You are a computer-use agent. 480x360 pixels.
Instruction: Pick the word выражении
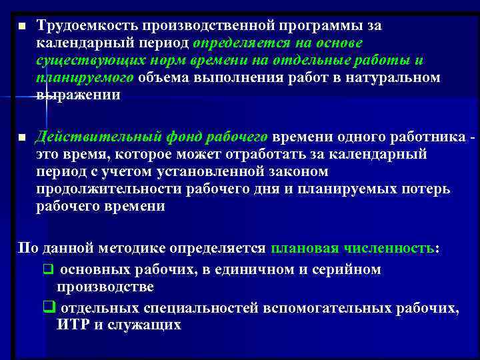click(x=79, y=95)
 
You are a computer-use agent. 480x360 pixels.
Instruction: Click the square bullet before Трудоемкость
click(x=21, y=26)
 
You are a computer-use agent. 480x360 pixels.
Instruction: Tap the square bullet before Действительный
click(x=21, y=137)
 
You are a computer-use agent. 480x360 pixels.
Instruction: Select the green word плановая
click(x=303, y=249)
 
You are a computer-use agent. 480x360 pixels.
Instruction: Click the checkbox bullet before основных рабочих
click(x=48, y=271)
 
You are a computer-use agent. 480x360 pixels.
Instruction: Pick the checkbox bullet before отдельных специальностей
click(x=48, y=308)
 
